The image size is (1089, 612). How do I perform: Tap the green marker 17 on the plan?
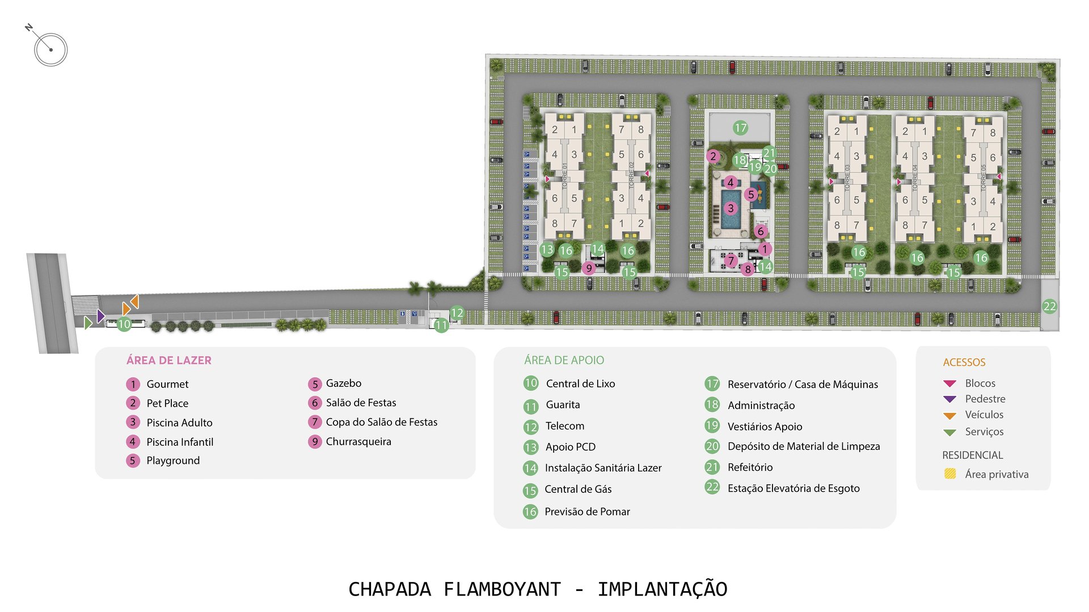pyautogui.click(x=740, y=128)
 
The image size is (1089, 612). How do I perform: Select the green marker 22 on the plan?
pyautogui.click(x=1049, y=306)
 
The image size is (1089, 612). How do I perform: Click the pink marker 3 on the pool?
pyautogui.click(x=731, y=208)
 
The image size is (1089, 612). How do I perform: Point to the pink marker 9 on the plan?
pyautogui.click(x=589, y=268)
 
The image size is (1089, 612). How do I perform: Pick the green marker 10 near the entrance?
pyautogui.click(x=124, y=324)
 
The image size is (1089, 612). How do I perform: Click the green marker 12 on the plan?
pyautogui.click(x=457, y=313)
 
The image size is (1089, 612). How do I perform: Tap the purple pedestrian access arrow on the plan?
pyautogui.click(x=100, y=316)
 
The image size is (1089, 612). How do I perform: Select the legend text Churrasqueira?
pyautogui.click(x=358, y=441)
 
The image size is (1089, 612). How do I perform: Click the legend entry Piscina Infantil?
pyautogui.click(x=180, y=442)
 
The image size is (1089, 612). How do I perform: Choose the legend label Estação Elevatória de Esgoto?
pyautogui.click(x=793, y=488)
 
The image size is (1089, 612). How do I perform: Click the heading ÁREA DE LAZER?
pyautogui.click(x=169, y=360)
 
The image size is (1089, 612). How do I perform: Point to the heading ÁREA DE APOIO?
pyautogui.click(x=564, y=360)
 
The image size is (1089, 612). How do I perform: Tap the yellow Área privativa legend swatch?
pyautogui.click(x=950, y=474)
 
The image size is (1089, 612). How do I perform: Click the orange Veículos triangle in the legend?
pyautogui.click(x=949, y=416)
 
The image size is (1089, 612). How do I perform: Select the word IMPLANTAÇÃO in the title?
pyautogui.click(x=662, y=589)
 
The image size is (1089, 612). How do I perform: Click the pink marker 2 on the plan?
pyautogui.click(x=714, y=156)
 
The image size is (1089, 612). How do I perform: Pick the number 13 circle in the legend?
pyautogui.click(x=530, y=447)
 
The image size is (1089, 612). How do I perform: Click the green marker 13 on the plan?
pyautogui.click(x=547, y=250)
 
